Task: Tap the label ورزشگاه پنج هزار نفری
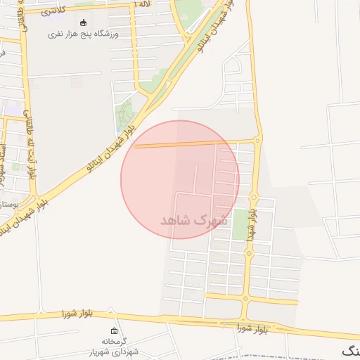click(x=83, y=34)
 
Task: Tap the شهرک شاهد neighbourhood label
click(x=195, y=220)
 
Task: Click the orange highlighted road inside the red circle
click(x=190, y=144)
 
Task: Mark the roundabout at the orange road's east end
click(x=257, y=141)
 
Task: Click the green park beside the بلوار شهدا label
click(x=240, y=224)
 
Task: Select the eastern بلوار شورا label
click(x=253, y=328)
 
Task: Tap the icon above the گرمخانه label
click(x=114, y=330)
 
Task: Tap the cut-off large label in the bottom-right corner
click(x=350, y=351)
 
